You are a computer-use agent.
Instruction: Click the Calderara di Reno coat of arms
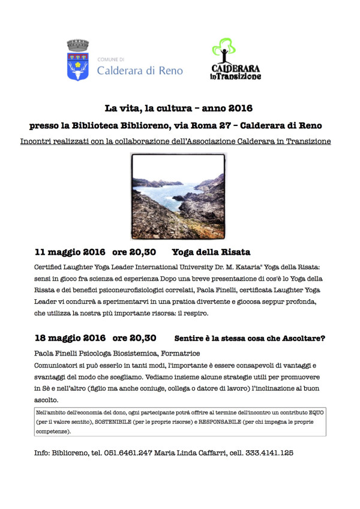tap(77, 61)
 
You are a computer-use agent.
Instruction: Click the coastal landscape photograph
tap(178, 196)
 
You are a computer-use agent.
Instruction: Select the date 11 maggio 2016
tap(70, 252)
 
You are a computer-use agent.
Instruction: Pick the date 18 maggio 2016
tap(70, 338)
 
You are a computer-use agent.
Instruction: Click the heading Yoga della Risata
tap(211, 252)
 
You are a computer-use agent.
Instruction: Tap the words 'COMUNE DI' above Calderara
tap(111, 59)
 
